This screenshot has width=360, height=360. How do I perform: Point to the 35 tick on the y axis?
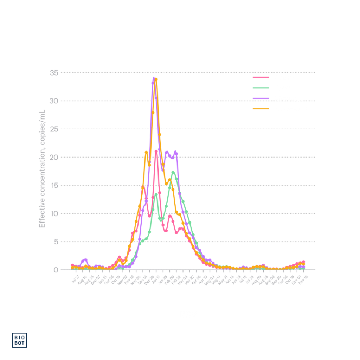(54, 73)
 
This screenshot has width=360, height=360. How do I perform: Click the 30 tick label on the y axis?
(54, 101)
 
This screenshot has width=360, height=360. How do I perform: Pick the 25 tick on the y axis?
(54, 129)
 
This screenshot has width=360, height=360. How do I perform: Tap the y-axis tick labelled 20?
(54, 157)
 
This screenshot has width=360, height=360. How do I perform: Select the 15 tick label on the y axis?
(54, 185)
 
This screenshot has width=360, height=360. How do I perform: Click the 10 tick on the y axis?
(54, 213)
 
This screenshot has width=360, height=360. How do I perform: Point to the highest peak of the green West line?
(173, 172)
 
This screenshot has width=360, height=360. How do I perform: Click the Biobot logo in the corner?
(20, 340)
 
